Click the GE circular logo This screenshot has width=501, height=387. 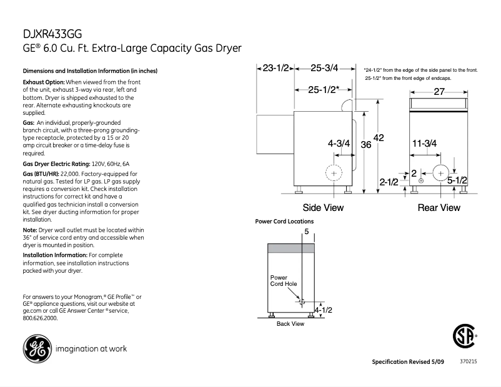point(36,350)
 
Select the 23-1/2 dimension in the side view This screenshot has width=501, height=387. point(275,68)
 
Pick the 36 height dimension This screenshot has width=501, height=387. point(367,145)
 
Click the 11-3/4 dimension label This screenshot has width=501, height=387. point(424,143)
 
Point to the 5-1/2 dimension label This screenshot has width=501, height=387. point(457,180)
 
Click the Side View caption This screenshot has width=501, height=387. point(323,207)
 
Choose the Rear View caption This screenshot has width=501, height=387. point(439,207)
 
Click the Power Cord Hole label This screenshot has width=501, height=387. point(283,281)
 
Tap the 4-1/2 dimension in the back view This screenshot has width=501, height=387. point(322,310)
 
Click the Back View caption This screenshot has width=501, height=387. point(290,324)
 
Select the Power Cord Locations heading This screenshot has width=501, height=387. point(284,222)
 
